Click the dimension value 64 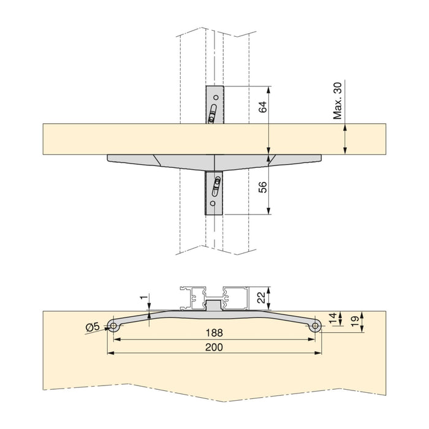(x=262, y=108)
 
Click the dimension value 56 (x=262, y=187)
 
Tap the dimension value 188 (x=214, y=333)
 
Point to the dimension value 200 (x=214, y=347)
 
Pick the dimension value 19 (x=354, y=319)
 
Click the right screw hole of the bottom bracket (x=314, y=327)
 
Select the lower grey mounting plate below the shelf (x=214, y=192)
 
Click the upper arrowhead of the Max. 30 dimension (x=346, y=127)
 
